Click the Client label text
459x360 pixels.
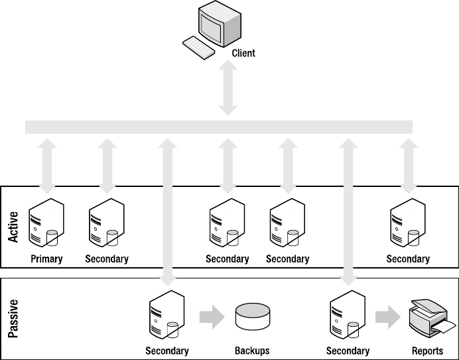pyautogui.click(x=243, y=53)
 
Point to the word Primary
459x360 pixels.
pyautogui.click(x=46, y=259)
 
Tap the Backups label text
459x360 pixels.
pyautogui.click(x=252, y=351)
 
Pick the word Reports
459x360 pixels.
pyautogui.click(x=427, y=351)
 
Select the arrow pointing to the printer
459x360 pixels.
pyautogui.click(x=387, y=316)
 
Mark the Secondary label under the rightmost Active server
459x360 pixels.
pyautogui.click(x=408, y=259)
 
